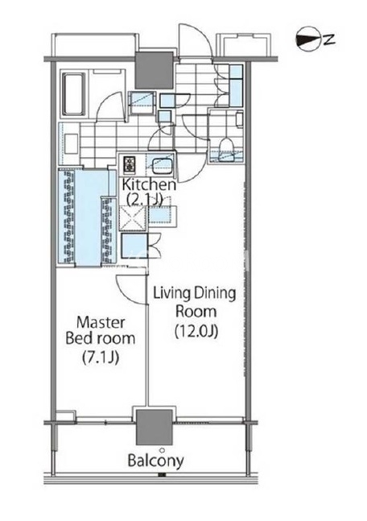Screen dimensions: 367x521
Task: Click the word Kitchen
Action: [149, 184]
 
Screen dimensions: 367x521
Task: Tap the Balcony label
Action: [156, 461]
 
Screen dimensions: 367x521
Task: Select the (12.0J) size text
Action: [196, 331]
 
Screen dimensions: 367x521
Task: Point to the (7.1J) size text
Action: [101, 358]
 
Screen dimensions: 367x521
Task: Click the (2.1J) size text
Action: [145, 199]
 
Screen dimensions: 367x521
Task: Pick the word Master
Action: [101, 323]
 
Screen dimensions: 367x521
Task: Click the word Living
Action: [171, 294]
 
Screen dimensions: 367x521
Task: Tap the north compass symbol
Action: [310, 39]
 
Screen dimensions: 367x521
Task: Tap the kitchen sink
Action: [162, 165]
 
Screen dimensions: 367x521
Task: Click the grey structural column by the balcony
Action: [155, 427]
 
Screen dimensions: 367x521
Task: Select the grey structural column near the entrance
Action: [155, 69]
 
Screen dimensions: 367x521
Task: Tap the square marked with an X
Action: [133, 218]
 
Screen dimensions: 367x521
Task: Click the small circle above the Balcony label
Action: [162, 450]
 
